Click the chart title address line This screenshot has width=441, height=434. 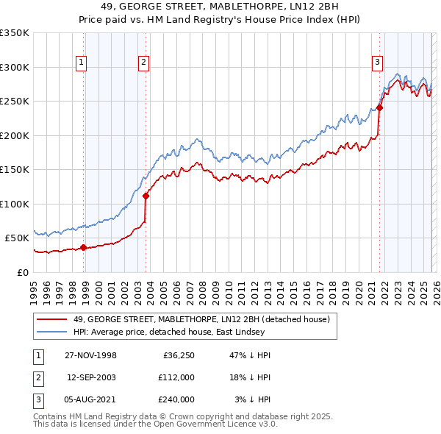click(x=220, y=7)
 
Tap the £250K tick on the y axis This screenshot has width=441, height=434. click(x=15, y=102)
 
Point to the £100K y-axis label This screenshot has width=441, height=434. click(x=15, y=204)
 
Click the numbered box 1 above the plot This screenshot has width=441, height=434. click(x=80, y=63)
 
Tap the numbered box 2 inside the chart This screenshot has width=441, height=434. click(x=143, y=63)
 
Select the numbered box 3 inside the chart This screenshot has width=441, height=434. click(x=376, y=63)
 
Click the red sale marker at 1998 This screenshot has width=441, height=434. click(x=84, y=247)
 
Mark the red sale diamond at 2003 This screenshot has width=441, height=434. click(x=146, y=196)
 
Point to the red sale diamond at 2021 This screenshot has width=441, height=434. click(x=380, y=108)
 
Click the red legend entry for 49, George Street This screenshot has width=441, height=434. click(x=206, y=319)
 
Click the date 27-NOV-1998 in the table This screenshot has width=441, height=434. click(x=90, y=355)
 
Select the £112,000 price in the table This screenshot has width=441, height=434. click(x=176, y=377)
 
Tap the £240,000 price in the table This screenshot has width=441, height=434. click(x=176, y=399)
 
